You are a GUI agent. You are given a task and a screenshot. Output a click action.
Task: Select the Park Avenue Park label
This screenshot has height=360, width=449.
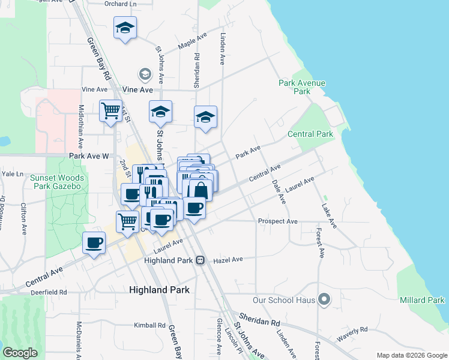[303, 87]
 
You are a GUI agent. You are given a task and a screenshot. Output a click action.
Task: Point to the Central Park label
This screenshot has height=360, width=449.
[310, 134]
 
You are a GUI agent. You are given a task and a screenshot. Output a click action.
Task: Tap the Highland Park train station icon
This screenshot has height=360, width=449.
[200, 260]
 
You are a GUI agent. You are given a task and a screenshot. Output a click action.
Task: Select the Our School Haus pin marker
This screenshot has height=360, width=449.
[325, 298]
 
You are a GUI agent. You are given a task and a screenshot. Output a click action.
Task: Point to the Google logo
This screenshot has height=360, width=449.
[20, 353]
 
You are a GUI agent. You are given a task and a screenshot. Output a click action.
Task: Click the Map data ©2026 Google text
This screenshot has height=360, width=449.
[411, 355]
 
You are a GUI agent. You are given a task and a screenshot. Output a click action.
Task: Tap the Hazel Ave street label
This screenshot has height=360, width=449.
[228, 260]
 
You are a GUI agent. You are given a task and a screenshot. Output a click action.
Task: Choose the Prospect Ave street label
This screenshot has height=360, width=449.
[277, 221]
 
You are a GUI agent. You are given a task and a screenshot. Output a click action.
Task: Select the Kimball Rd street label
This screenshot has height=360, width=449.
[149, 325]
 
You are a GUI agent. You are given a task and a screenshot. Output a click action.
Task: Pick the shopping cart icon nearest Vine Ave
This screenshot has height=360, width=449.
[110, 110]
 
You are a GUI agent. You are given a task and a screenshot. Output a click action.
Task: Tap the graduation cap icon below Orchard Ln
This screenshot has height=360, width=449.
[125, 27]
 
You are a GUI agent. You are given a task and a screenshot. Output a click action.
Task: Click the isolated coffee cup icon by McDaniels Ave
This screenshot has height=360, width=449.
[94, 242]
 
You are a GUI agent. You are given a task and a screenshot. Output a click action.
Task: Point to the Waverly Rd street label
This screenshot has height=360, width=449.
[352, 335]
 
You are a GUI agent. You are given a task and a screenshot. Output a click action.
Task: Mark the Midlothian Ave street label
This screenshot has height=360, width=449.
[81, 127]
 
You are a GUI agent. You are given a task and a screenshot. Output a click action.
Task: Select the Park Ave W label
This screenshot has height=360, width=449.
[88, 156]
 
